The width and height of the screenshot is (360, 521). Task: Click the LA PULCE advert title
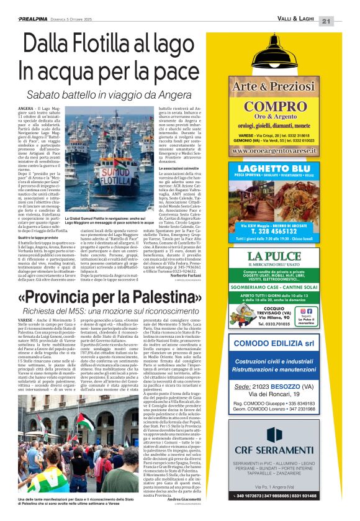(x=282, y=256)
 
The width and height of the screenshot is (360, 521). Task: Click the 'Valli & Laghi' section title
(x=297, y=21)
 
